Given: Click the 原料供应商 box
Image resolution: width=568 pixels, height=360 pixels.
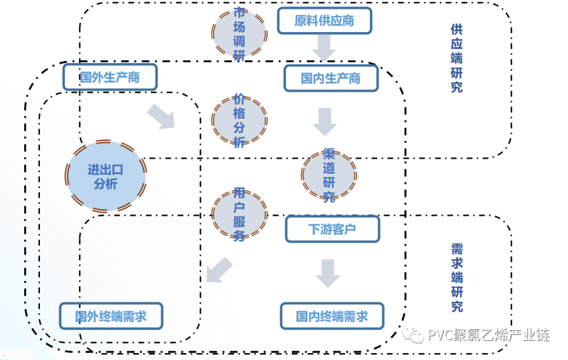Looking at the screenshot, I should point(324,21).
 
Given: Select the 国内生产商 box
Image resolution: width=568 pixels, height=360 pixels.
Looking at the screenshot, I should point(331,78).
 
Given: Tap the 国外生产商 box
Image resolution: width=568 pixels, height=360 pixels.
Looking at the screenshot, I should point(110,77).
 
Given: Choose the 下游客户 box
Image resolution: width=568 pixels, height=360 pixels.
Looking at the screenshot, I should point(332,229).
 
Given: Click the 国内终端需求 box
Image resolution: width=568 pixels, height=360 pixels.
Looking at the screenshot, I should point(331,316).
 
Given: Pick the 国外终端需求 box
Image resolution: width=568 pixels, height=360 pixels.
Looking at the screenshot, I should point(110,316).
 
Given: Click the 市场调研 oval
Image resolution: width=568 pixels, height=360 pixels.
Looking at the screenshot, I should point(239,33).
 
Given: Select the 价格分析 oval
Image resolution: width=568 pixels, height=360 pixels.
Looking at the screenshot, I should point(239,121).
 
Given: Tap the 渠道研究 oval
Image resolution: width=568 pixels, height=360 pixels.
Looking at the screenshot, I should point(329,175).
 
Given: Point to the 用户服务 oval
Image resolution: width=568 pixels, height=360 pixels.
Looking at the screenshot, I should point(239,214).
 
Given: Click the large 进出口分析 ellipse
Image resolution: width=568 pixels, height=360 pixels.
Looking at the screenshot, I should point(106,176).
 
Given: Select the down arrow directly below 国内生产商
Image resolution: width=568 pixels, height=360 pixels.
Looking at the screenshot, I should point(324,122).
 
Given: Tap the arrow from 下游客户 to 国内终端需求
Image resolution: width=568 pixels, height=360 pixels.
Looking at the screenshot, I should point(328,273).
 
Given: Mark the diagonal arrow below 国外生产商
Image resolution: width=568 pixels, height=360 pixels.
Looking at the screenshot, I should point(161,116).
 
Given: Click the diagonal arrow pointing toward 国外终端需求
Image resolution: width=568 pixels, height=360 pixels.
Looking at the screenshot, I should point(218,270).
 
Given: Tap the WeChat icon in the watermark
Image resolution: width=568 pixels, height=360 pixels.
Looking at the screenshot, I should point(415,334).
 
